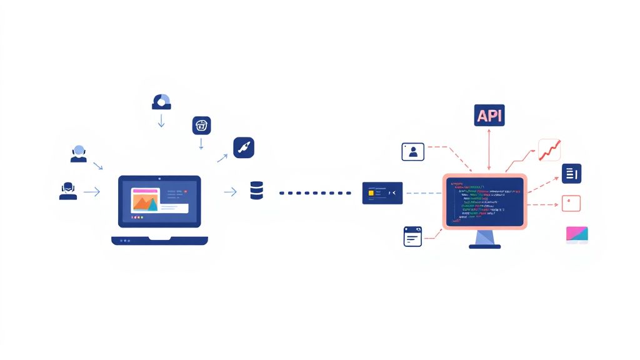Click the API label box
(x=489, y=115)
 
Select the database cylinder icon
(x=256, y=191)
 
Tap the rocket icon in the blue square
(x=244, y=147)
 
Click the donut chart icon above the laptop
(x=161, y=102)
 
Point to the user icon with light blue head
(x=79, y=154)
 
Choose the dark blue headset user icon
(x=68, y=191)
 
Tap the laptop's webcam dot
(x=159, y=179)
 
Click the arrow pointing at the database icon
(x=230, y=192)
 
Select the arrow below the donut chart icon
(x=161, y=120)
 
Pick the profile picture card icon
(x=412, y=151)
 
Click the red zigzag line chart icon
(x=550, y=150)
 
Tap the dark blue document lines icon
(x=571, y=173)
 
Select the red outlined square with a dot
(x=571, y=203)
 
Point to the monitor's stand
(x=485, y=238)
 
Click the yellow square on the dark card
(x=371, y=194)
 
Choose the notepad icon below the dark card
(x=412, y=236)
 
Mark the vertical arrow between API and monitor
(x=489, y=149)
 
